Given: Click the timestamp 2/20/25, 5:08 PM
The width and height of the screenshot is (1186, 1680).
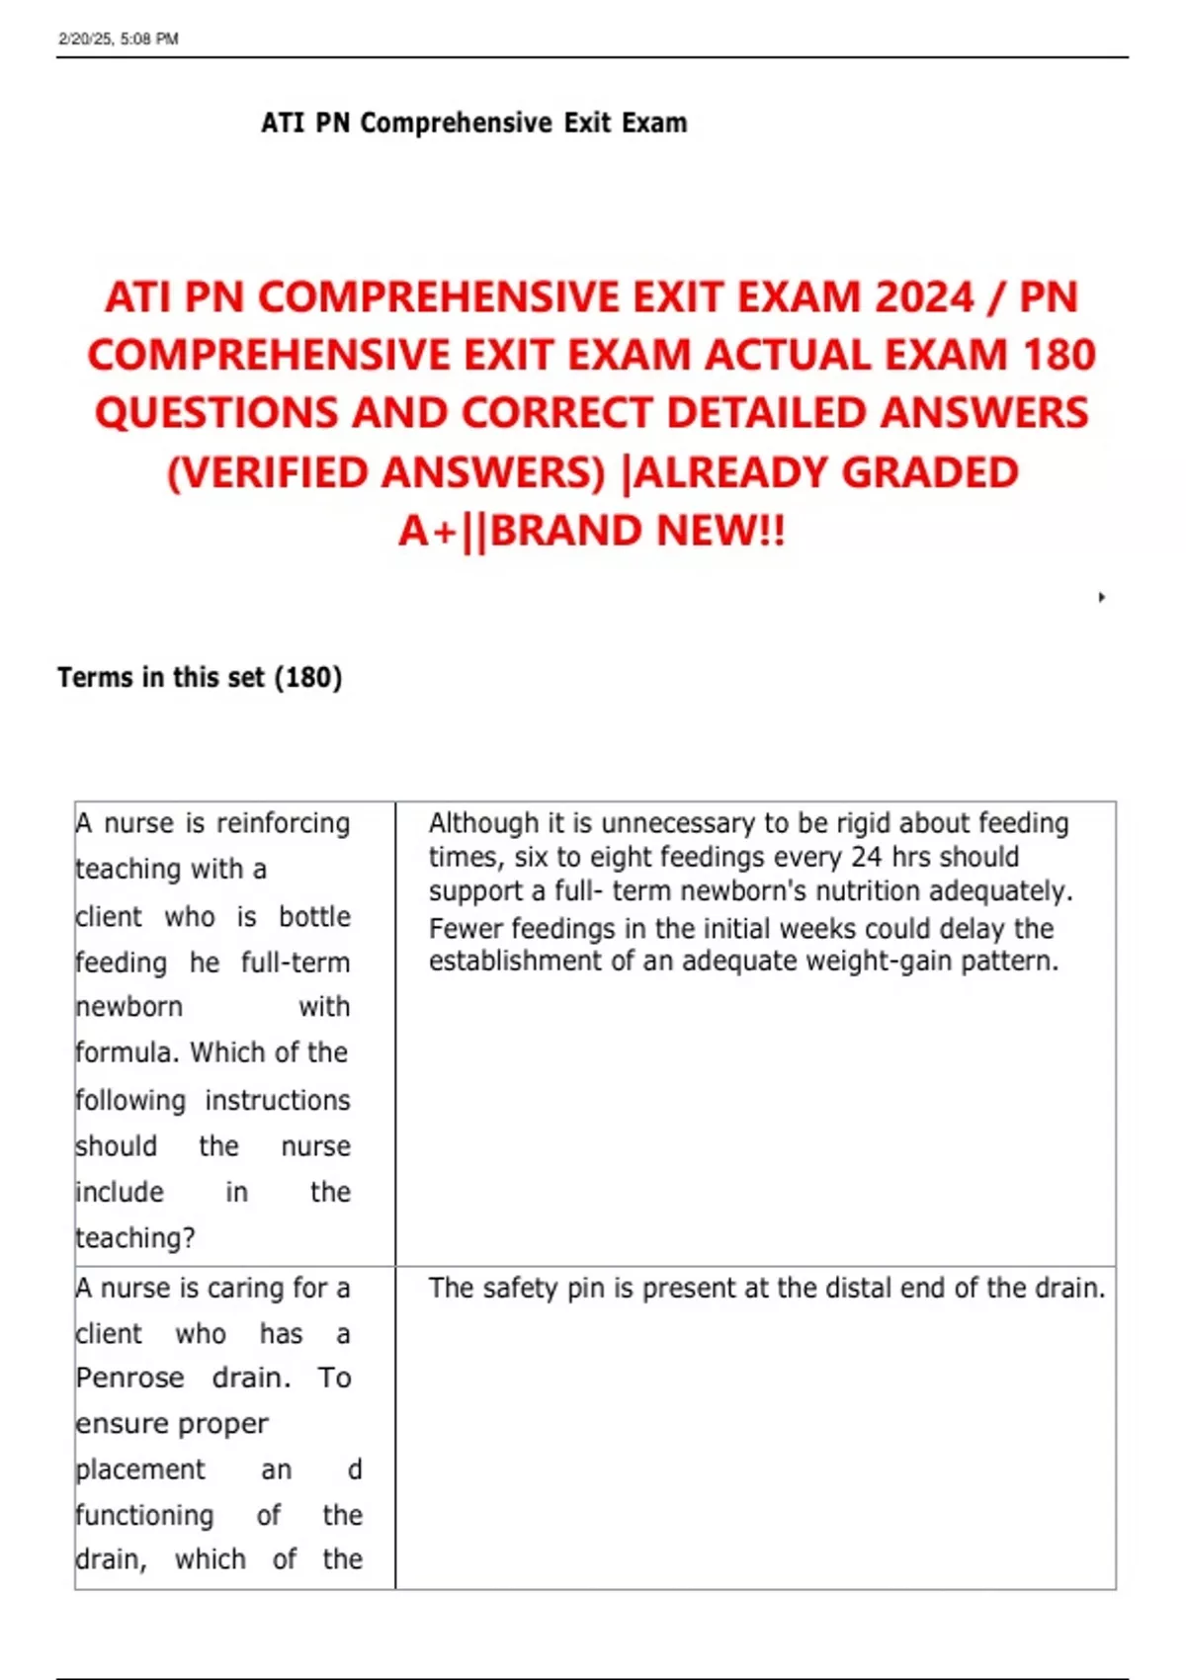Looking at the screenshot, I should click(x=119, y=39).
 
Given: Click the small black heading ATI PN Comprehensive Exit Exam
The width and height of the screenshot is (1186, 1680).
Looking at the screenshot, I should click(x=473, y=124).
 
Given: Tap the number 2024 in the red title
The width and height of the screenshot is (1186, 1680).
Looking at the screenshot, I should click(x=923, y=297).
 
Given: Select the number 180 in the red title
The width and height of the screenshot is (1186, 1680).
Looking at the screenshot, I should click(x=1059, y=356).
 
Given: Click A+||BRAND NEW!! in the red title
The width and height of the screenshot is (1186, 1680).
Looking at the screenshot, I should click(x=592, y=531).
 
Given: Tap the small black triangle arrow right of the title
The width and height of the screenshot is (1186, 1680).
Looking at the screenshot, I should click(x=1101, y=597).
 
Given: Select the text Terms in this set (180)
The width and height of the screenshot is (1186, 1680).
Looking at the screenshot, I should click(x=200, y=678).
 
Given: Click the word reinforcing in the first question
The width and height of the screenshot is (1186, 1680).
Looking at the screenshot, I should click(x=283, y=823).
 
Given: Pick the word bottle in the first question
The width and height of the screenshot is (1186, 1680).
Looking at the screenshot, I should click(x=314, y=917).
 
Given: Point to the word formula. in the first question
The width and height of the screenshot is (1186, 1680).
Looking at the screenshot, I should click(x=127, y=1052).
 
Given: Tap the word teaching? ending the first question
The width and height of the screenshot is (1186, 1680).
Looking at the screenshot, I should click(x=135, y=1238).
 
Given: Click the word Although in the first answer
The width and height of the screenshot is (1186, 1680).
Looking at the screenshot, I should click(x=483, y=823).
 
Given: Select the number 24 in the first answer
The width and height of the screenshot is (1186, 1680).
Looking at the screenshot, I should click(x=866, y=857).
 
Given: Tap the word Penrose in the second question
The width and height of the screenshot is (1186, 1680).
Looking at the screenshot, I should click(x=129, y=1378).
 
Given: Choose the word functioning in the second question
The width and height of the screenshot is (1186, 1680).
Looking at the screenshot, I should click(x=144, y=1515).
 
